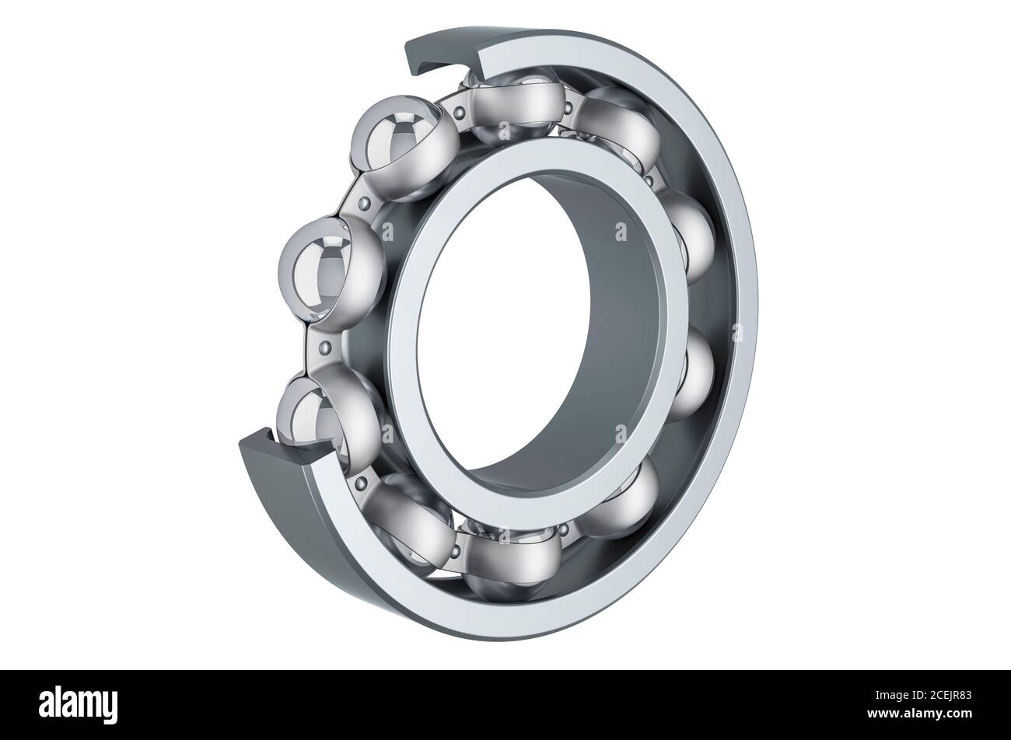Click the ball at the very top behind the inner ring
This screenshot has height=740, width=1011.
coord(509,105)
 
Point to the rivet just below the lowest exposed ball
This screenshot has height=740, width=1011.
coord(359,483)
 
